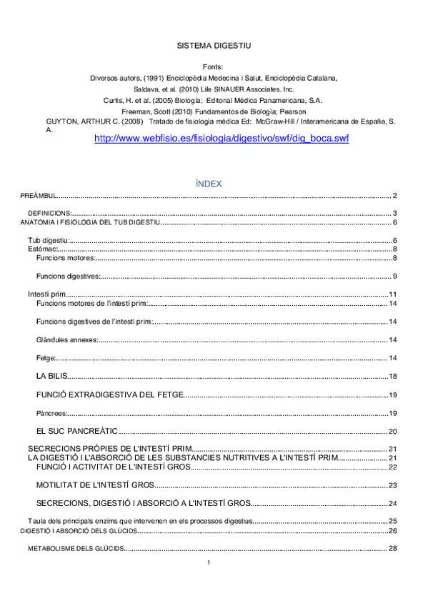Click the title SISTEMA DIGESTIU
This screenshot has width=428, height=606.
213,46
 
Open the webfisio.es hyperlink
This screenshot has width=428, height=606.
222,139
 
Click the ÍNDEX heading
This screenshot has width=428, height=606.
209,184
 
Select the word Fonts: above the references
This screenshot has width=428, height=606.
213,66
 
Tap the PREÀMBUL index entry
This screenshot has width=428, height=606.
38,196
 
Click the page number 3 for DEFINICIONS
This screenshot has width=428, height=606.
394,213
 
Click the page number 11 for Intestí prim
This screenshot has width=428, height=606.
392,294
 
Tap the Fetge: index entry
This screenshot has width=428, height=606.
46,357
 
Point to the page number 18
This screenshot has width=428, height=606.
392,377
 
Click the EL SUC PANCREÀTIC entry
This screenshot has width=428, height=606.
76,432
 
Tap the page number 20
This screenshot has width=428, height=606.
392,432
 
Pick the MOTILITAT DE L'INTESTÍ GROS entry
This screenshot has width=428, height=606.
95,485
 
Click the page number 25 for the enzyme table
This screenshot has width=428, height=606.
392,521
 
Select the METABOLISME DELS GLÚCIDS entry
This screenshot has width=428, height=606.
76,549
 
